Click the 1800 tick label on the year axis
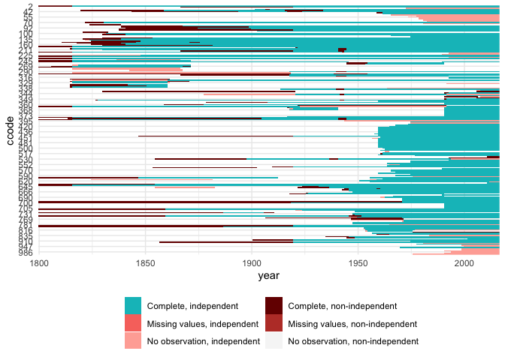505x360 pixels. click(38, 263)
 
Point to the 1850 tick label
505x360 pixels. click(145, 263)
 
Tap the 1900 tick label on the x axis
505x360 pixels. click(252, 263)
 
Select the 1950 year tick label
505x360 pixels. click(358, 263)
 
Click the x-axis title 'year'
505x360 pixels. click(268, 277)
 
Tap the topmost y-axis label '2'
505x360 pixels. click(29, 7)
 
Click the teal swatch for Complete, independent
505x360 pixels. click(133, 306)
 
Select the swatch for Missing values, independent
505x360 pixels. click(133, 324)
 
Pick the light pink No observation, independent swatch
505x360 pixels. click(133, 341)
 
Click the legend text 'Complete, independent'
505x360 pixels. click(192, 306)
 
